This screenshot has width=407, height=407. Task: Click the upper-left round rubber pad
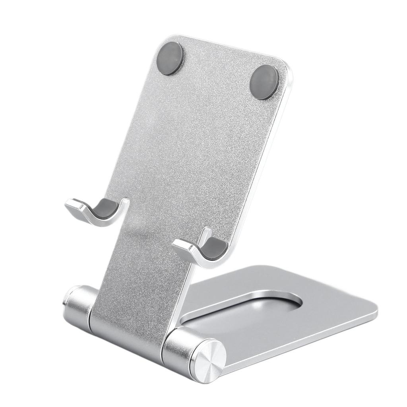[170, 58]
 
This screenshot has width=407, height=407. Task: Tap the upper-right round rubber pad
[264, 82]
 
